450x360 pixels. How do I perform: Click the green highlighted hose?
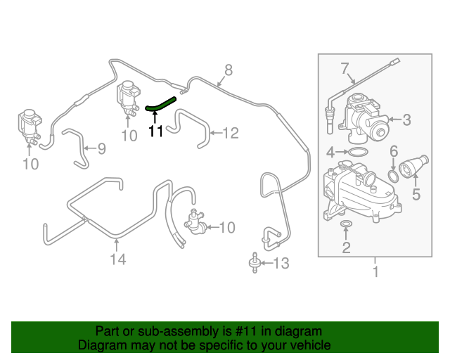[160, 103]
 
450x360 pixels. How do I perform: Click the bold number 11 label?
[155, 130]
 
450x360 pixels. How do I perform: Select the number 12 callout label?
[231, 131]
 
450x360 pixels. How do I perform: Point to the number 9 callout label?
[101, 148]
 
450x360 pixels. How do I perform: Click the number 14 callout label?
[117, 259]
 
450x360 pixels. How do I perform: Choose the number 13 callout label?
[281, 264]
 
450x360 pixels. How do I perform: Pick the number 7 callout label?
[345, 68]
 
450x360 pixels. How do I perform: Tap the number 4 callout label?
[330, 152]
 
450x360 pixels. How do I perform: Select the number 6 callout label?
[394, 151]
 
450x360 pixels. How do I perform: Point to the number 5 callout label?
[416, 194]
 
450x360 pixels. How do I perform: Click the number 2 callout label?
[345, 247]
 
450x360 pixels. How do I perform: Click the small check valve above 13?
[252, 264]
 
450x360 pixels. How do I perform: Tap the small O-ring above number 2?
[346, 225]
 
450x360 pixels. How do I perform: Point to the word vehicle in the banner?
[311, 345]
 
